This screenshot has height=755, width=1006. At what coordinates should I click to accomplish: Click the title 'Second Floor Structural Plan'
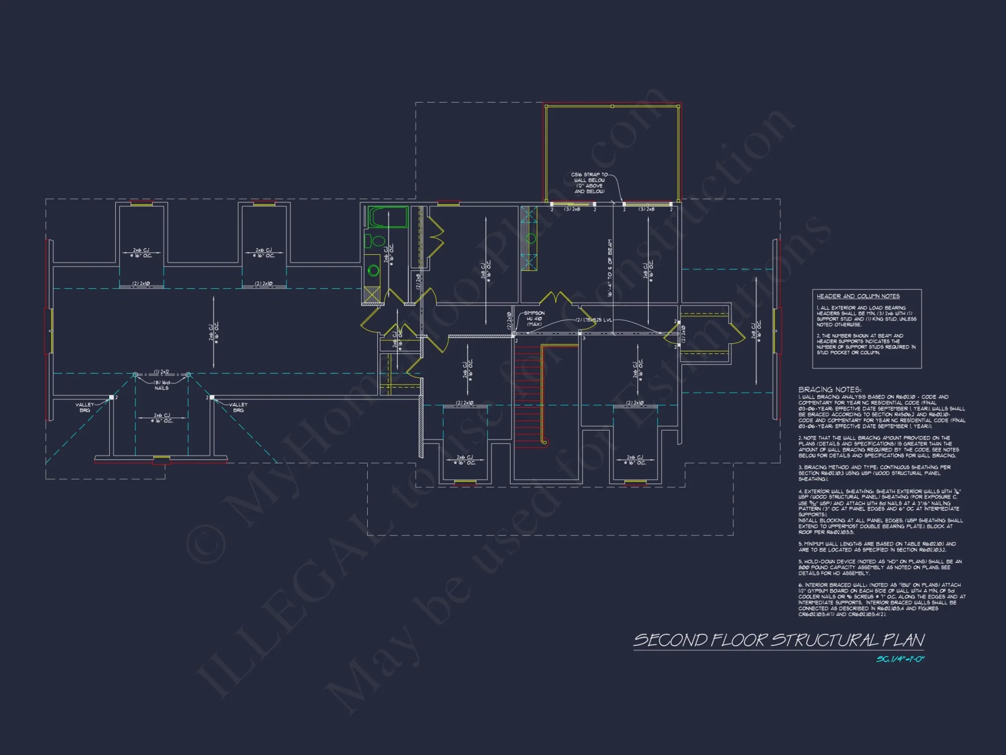[x=779, y=640]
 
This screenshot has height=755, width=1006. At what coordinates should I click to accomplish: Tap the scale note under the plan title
[x=900, y=659]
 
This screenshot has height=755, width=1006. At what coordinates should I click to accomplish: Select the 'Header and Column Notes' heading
[x=858, y=296]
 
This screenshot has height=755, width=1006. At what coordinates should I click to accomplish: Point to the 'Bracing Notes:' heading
[x=829, y=390]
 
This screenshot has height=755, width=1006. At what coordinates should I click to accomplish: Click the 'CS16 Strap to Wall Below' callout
[x=590, y=183]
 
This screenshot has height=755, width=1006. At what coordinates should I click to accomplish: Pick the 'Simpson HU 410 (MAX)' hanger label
[x=534, y=319]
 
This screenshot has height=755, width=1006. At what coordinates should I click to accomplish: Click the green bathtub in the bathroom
[x=388, y=217]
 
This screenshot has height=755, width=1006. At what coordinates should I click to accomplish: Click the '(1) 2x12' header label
[x=161, y=372]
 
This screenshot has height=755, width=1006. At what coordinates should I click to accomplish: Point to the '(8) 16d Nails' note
[x=161, y=385]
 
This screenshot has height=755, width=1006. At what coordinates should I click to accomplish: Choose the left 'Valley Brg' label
[x=85, y=407]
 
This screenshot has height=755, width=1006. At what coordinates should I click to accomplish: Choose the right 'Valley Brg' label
[x=238, y=407]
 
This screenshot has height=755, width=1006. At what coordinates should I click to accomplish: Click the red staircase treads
[x=528, y=393]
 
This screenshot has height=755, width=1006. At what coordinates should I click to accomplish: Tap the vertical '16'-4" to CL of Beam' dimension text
[x=610, y=268]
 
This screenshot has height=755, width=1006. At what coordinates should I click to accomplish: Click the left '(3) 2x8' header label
[x=572, y=209]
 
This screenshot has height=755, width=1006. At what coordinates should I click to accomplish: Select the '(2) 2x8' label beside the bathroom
[x=418, y=281]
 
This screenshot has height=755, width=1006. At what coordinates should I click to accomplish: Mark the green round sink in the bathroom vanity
[x=373, y=271]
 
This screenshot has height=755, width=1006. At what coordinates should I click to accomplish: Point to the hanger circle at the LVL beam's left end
[x=514, y=334]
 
